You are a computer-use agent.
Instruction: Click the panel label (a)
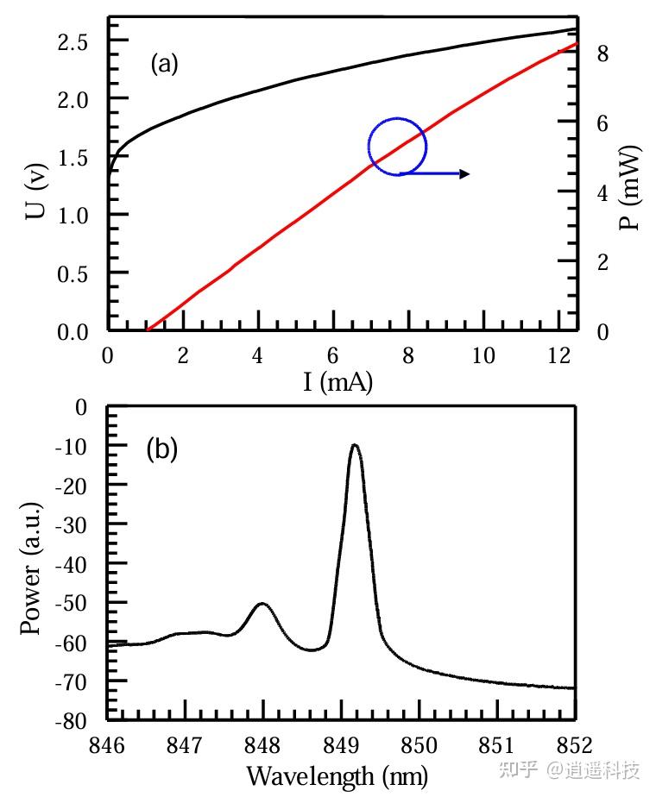coord(164,65)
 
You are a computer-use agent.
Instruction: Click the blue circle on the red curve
coord(397,147)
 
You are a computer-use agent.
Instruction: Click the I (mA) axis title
coord(337,382)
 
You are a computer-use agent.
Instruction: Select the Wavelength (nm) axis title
coord(337,775)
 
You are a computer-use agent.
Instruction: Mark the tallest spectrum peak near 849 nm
coord(354,447)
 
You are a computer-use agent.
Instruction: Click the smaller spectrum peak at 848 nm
coord(262,605)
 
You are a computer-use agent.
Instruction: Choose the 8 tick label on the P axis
coord(602,53)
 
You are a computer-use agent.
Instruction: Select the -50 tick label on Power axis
coord(73,602)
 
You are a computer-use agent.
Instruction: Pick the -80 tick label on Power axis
coord(73,720)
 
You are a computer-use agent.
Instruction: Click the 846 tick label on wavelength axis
coord(108,744)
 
